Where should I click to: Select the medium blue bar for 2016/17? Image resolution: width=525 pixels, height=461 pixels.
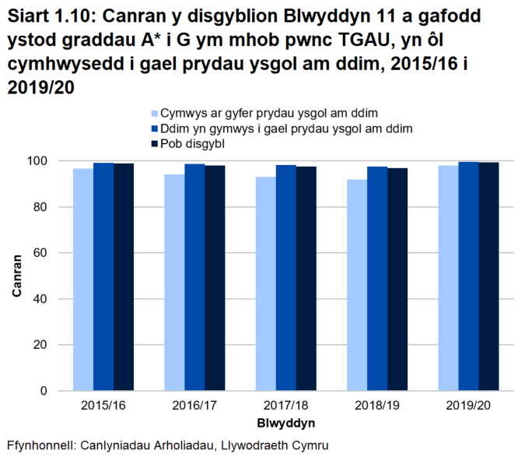click(x=194, y=276)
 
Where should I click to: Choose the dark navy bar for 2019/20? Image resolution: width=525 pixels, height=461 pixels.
click(x=488, y=276)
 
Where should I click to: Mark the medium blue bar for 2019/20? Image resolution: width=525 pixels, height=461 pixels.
click(x=468, y=276)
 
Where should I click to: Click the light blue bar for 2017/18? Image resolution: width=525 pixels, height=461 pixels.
click(x=265, y=283)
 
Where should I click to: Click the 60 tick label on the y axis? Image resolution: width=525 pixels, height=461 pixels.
click(x=43, y=253)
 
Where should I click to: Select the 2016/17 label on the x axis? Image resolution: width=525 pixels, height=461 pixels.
click(x=194, y=406)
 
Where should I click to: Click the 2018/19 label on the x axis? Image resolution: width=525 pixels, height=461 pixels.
click(x=376, y=406)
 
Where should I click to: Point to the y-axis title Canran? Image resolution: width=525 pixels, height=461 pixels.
click(x=16, y=275)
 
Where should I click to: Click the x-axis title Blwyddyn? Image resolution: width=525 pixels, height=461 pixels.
click(x=285, y=423)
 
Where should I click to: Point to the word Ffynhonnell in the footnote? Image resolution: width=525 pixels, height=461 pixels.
click(x=39, y=446)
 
